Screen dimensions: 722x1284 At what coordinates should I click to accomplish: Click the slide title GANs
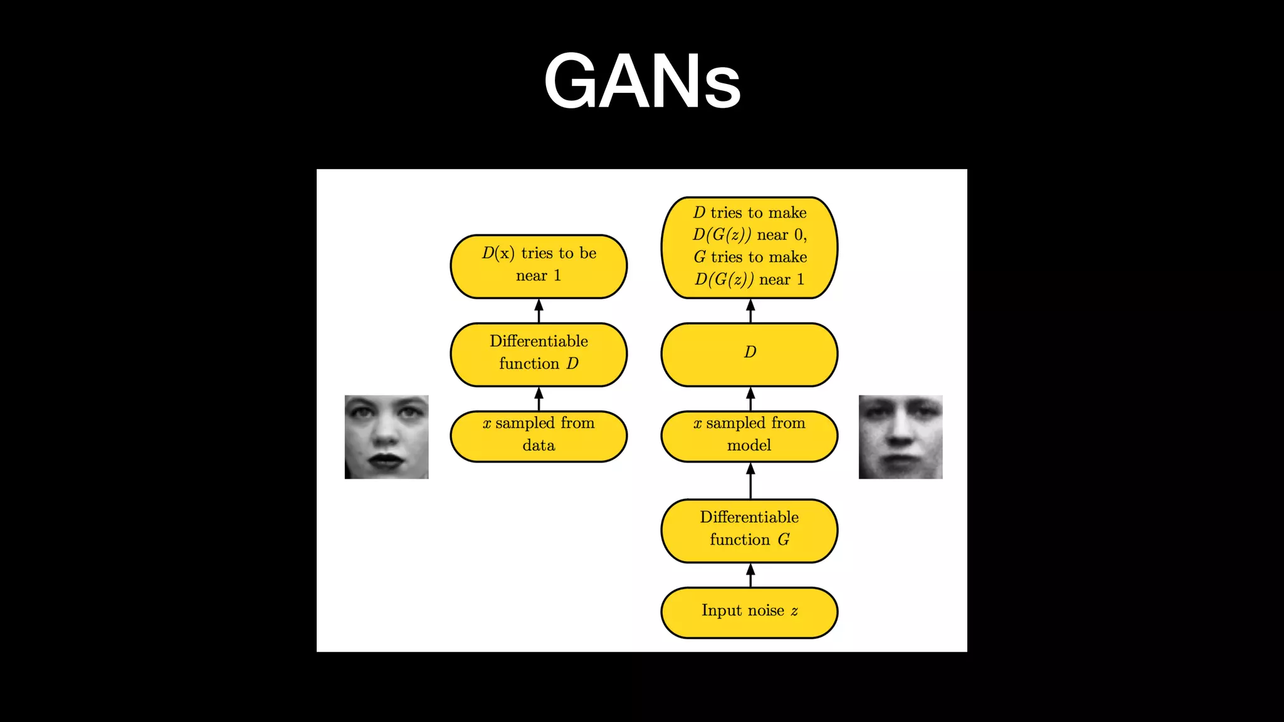click(642, 81)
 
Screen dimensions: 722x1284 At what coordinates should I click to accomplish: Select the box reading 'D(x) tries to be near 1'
click(539, 266)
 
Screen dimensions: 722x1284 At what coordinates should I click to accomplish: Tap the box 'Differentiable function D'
click(539, 354)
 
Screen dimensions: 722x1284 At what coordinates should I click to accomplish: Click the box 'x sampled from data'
click(539, 436)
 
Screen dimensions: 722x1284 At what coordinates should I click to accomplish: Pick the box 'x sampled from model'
click(749, 436)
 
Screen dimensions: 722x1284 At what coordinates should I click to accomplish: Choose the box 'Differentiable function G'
click(749, 530)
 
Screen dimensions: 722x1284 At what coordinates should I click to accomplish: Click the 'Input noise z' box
click(749, 612)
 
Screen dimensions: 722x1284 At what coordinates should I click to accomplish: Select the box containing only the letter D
click(749, 354)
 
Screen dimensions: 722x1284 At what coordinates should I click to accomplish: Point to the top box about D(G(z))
click(749, 247)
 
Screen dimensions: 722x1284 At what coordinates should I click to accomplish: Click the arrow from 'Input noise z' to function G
click(750, 575)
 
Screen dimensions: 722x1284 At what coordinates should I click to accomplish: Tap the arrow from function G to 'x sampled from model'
click(750, 481)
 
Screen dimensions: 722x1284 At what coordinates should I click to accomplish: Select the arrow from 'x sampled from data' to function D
click(539, 399)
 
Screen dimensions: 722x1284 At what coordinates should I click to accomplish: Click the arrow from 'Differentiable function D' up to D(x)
click(539, 311)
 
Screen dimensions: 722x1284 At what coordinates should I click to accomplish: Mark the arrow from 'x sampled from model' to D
click(750, 399)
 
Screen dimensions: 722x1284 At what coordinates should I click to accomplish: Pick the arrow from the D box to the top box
click(750, 311)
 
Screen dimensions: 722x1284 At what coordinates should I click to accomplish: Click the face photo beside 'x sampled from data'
click(386, 437)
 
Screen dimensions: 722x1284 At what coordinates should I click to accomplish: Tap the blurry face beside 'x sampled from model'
click(900, 437)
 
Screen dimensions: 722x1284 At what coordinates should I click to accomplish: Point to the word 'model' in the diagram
click(749, 446)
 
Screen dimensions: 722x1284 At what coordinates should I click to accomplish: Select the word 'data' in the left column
click(539, 446)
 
